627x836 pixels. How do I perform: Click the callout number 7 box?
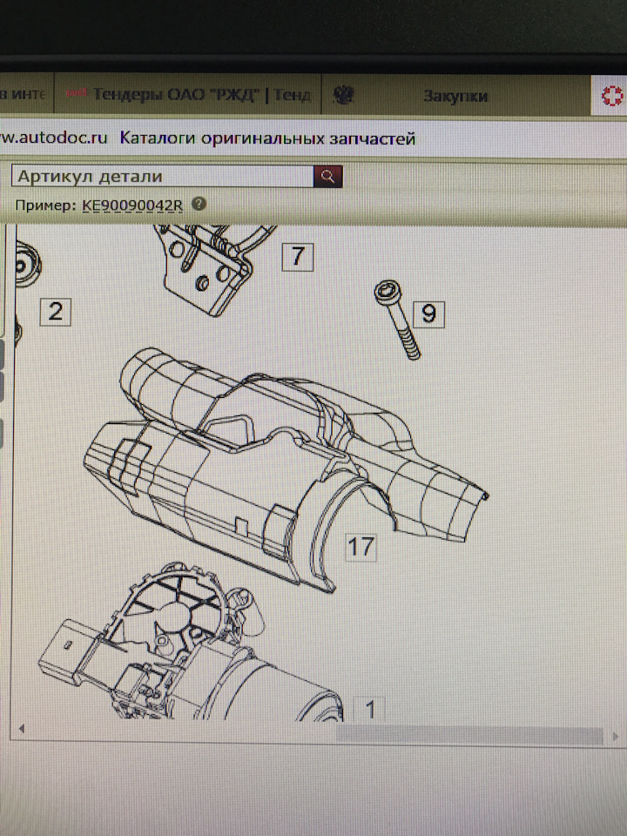pos(297,256)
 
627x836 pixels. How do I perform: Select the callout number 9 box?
pos(428,313)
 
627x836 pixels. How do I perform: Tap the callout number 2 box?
pos(56,311)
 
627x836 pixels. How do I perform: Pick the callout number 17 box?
pos(361,547)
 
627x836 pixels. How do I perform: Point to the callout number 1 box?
pos(369,710)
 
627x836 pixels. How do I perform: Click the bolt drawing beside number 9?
pos(395,320)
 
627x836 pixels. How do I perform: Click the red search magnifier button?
pos(328,176)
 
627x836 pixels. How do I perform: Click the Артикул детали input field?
pos(162,176)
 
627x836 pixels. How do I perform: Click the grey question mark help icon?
pos(199,204)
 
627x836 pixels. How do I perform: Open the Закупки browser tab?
pos(455,96)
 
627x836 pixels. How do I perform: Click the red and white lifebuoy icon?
pos(610,97)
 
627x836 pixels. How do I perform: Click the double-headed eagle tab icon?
pos(344,95)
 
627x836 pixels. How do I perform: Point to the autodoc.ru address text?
pos(54,138)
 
